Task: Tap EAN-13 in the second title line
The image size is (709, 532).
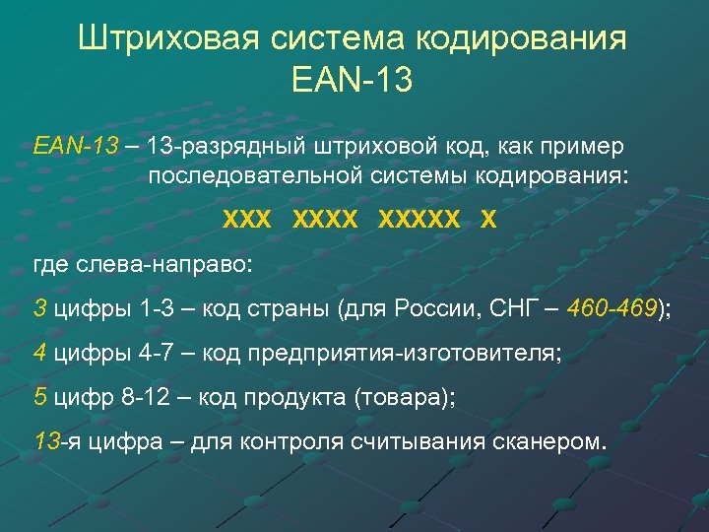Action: coord(353,78)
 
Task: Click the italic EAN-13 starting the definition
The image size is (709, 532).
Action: coord(75,147)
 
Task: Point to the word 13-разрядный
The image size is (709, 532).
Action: coord(227,147)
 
